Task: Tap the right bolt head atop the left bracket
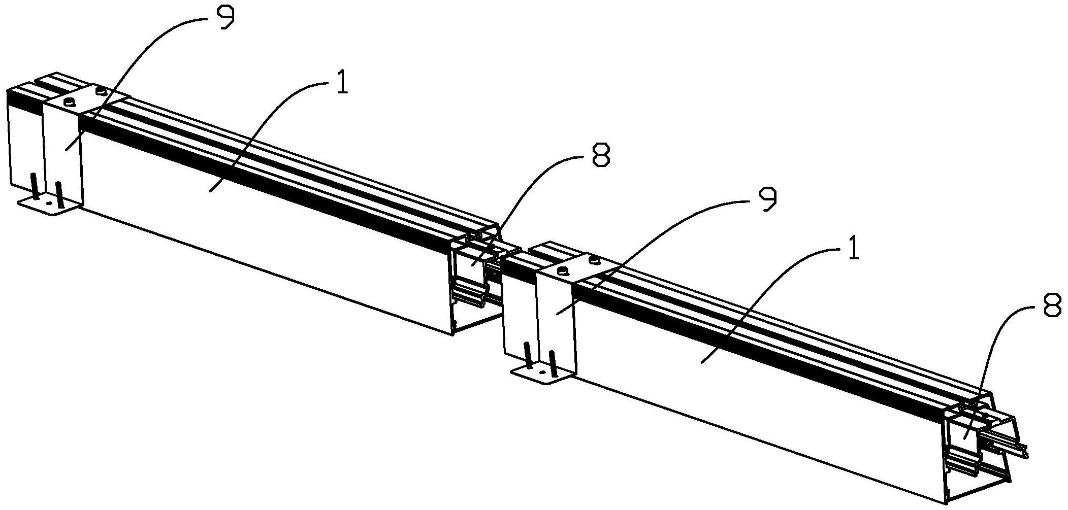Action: click(101, 91)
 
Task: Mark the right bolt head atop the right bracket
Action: click(594, 261)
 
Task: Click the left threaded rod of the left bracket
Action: click(35, 187)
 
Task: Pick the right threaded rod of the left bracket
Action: click(60, 194)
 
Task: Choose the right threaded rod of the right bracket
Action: click(553, 364)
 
